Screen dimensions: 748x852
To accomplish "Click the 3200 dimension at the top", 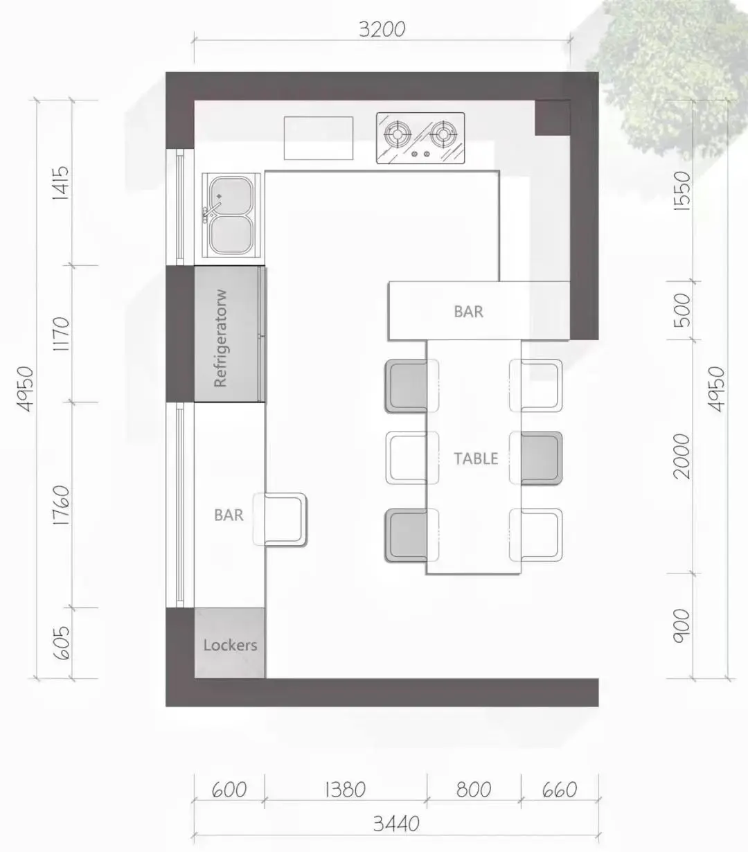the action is point(382,29).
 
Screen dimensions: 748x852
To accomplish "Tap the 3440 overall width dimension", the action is point(396,823).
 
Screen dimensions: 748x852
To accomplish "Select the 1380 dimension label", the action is point(345,790).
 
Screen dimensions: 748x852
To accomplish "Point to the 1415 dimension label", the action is point(60,182).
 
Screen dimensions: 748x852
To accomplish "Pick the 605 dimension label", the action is point(61,643).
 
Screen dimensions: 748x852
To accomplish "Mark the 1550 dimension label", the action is point(682,190).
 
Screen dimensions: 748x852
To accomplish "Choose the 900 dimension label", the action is point(682,625).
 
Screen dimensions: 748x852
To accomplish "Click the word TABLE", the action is point(476,459).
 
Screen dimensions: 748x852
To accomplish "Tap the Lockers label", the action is point(230,645).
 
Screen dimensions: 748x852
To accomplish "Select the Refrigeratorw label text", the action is point(221,338).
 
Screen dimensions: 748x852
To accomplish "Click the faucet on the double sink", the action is point(212,209).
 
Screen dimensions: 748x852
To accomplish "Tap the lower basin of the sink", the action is point(232,235).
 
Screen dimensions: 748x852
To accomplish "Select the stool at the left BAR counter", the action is point(280,520).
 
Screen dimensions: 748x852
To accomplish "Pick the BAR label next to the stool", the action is point(229,515).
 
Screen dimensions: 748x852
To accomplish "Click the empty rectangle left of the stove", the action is point(319,139).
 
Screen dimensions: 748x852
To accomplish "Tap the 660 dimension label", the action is point(559,790).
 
